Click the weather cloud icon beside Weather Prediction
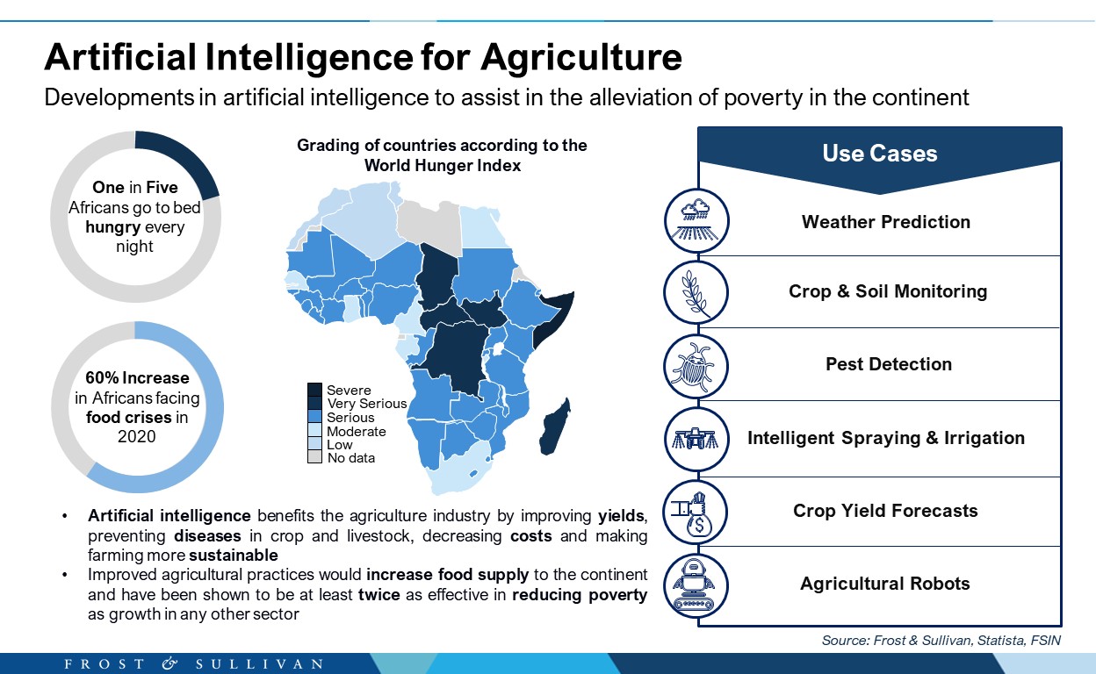696,220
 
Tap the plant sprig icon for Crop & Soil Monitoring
696,293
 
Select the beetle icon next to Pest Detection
696,367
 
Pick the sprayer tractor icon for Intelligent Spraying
696,439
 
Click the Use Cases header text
880,153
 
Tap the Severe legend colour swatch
314,390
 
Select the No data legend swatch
314,456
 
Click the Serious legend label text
350,417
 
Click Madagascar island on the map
555,427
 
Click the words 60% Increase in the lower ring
137,377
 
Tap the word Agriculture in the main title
581,58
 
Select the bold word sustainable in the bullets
234,556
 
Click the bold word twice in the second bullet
379,594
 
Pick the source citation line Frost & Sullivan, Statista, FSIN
941,641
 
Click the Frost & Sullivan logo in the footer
194,663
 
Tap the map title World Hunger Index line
443,165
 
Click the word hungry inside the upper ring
113,227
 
